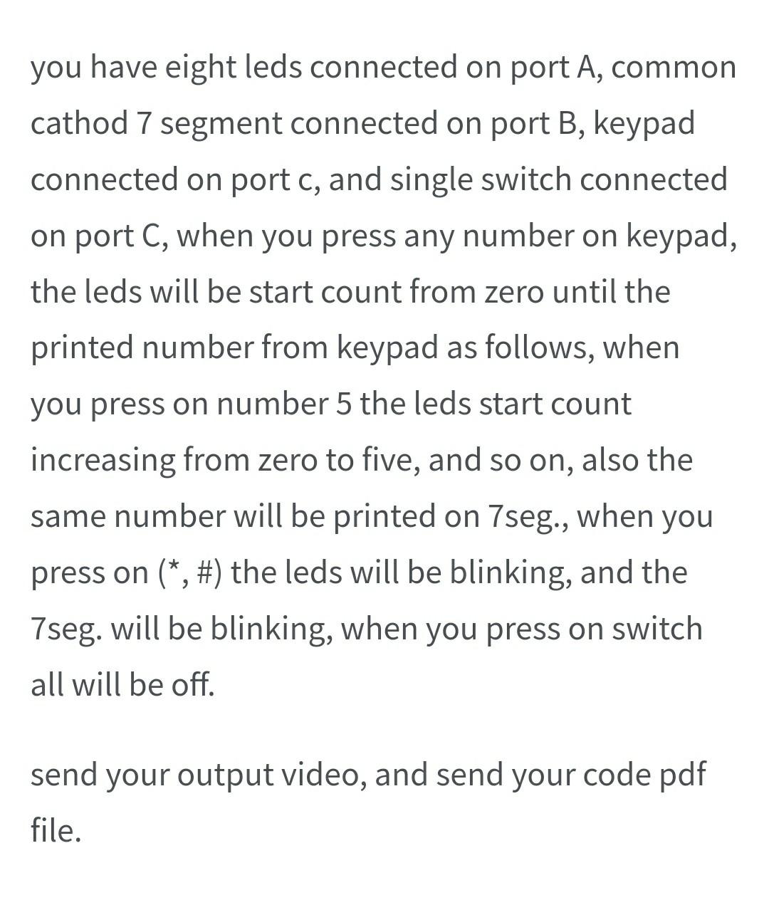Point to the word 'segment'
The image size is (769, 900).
click(221, 125)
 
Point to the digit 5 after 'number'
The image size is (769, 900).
click(342, 404)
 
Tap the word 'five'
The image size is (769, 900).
click(399, 459)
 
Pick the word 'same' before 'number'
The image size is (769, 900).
click(67, 516)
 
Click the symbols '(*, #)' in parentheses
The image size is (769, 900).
click(190, 572)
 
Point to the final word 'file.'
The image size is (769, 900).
click(56, 830)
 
